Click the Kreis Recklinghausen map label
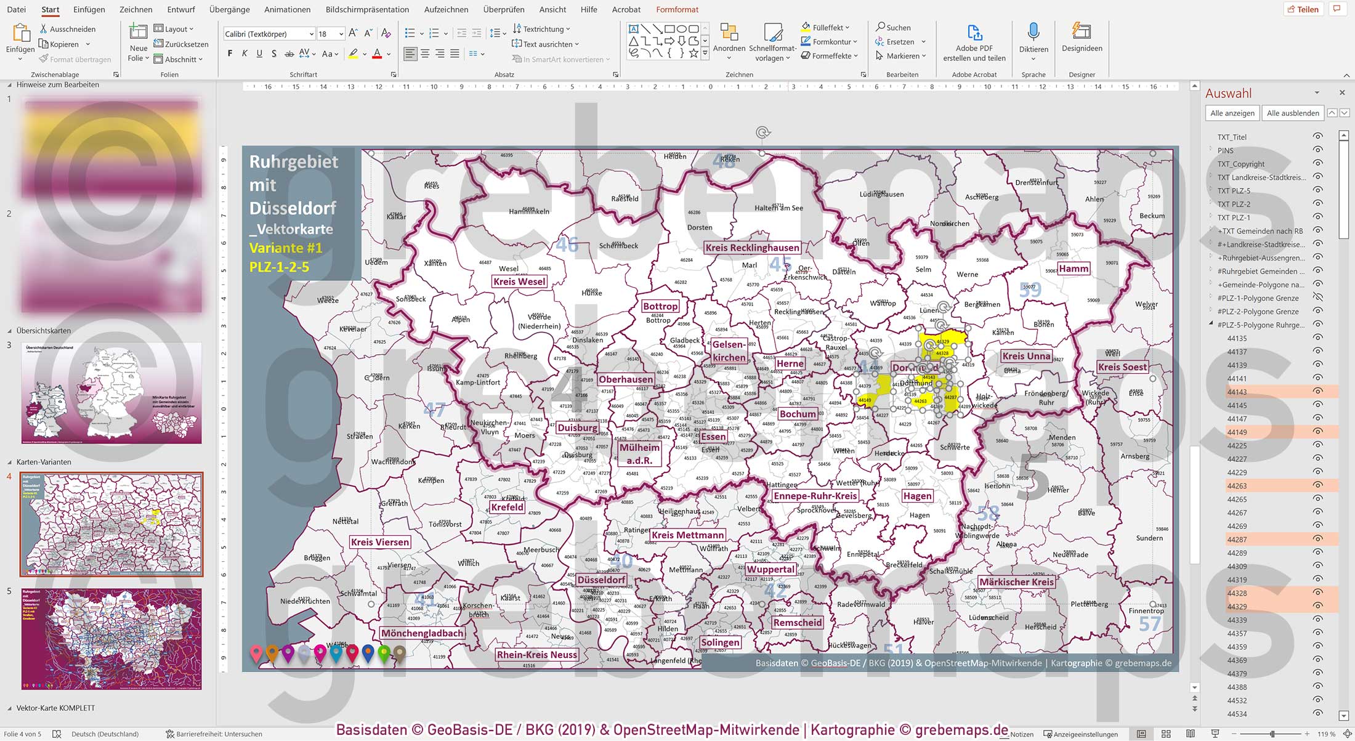(752, 248)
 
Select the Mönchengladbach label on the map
(422, 633)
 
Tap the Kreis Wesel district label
(519, 281)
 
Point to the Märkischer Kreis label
(1016, 582)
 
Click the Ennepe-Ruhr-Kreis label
(815, 496)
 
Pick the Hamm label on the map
(1074, 269)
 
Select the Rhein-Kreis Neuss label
(537, 655)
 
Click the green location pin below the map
(384, 652)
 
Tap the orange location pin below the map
(272, 652)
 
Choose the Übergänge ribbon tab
(229, 9)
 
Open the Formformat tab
(677, 9)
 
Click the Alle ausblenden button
(1293, 113)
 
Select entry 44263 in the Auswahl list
(1237, 486)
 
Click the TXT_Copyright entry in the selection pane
(1240, 164)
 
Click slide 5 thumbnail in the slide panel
(111, 639)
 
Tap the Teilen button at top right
(1303, 9)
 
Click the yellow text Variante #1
(286, 248)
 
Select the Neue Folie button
(138, 43)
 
